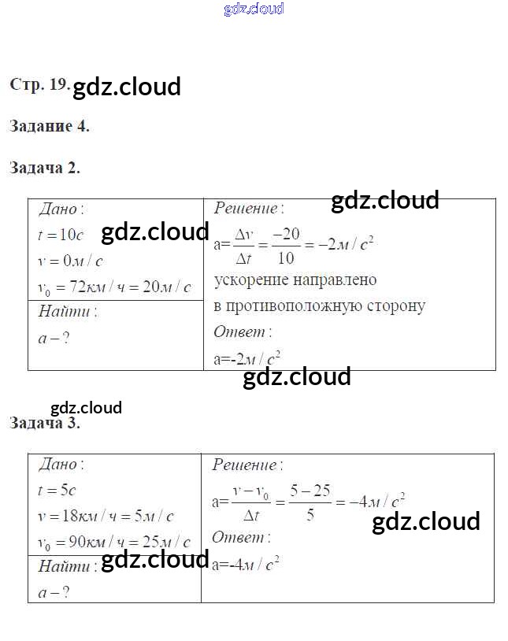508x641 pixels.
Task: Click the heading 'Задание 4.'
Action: [50, 126]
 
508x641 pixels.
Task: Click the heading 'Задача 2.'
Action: [45, 168]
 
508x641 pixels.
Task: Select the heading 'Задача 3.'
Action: [45, 423]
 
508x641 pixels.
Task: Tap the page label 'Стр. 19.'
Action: [40, 84]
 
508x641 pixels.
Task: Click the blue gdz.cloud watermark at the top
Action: [254, 9]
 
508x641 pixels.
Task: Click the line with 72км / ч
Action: [114, 287]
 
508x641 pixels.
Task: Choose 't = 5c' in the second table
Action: [57, 490]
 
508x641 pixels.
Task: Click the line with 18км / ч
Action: [106, 517]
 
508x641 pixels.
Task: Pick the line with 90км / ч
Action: [114, 543]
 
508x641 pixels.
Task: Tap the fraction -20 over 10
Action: [286, 246]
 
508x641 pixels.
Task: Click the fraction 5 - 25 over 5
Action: [310, 502]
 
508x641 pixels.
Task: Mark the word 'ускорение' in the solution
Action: [254, 280]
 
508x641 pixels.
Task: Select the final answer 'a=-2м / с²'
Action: [247, 359]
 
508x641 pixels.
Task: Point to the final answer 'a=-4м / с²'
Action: [247, 564]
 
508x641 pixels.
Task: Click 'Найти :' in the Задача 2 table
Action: [68, 312]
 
